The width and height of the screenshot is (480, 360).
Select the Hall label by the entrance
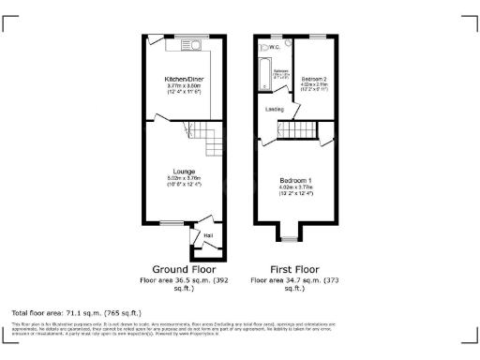207,234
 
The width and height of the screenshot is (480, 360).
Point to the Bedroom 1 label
295,179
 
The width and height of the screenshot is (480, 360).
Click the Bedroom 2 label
313,79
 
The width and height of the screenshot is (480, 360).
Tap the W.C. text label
274,46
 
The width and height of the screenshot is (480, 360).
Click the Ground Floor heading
184,269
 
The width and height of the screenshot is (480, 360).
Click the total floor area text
76,312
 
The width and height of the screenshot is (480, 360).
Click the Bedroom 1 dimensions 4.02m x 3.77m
295,187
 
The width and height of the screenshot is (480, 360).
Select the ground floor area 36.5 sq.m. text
184,280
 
